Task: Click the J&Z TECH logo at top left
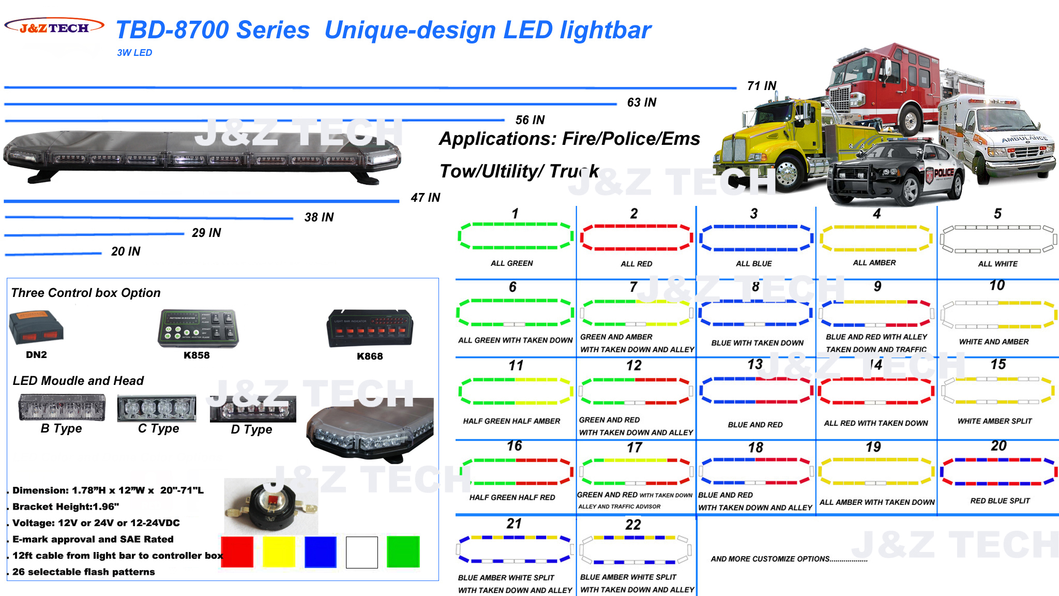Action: coord(54,27)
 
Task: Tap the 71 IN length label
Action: coord(762,86)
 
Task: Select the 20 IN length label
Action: coord(126,251)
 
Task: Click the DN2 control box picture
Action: coord(36,327)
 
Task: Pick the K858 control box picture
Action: coord(198,329)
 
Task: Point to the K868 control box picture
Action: coord(370,329)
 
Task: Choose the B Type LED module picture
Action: coord(62,407)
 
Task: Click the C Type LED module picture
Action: coord(157,408)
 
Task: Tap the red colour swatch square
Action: coord(237,552)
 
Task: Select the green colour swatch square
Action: coord(403,552)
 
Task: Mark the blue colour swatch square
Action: coord(321,552)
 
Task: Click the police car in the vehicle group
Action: coord(895,173)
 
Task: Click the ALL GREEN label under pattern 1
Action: coord(512,263)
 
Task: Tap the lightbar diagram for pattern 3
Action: coord(755,238)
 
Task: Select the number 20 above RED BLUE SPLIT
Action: coord(999,446)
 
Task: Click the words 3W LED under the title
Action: coord(134,53)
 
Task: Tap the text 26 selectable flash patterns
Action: coord(84,572)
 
